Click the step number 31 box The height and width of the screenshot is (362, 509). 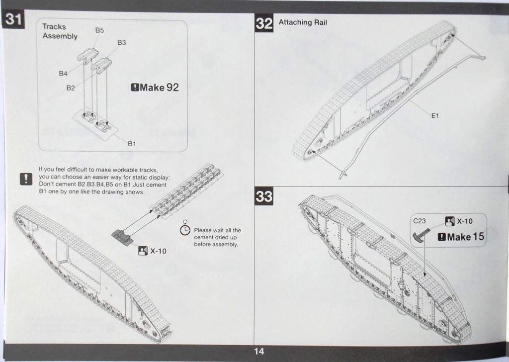13,19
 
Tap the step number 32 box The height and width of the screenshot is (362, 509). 264,23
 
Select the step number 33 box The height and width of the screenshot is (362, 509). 264,196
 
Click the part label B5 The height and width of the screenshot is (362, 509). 99,30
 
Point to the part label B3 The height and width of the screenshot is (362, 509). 121,43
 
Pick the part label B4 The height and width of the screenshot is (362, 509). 63,74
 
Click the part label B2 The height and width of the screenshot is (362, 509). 71,88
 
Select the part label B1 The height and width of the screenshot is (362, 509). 132,144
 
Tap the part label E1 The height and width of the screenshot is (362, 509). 435,115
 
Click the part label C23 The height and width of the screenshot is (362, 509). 419,221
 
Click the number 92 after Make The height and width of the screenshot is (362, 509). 172,88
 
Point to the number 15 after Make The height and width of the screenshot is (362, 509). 478,237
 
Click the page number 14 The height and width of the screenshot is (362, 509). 258,351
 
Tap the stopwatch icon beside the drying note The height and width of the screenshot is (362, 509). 185,229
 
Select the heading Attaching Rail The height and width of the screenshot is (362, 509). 303,22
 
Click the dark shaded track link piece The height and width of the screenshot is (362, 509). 122,237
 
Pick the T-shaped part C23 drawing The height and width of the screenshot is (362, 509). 421,235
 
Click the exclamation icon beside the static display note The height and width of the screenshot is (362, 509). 26,179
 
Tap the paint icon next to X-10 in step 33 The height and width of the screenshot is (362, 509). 449,221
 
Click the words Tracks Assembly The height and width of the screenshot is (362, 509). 60,31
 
